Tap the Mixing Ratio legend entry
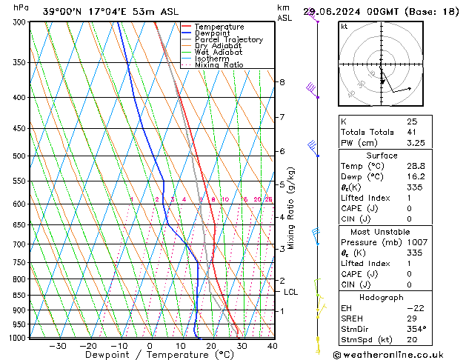[x=223, y=64]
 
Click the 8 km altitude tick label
[x=282, y=81]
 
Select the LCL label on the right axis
[x=291, y=292]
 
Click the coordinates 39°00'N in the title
[x=63, y=12]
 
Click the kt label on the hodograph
[x=344, y=27]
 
